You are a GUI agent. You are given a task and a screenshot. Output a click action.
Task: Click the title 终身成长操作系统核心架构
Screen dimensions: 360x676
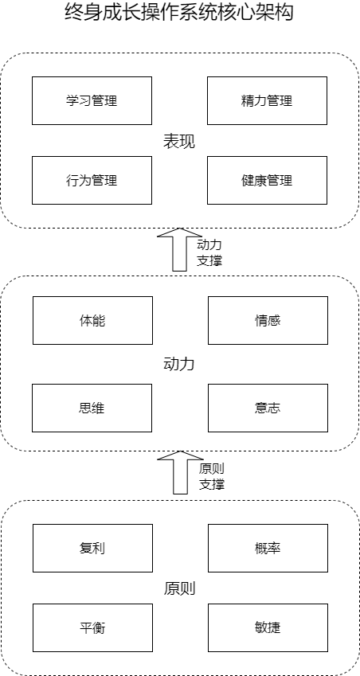179,13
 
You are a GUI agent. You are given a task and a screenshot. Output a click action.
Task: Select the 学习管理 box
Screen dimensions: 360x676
92,100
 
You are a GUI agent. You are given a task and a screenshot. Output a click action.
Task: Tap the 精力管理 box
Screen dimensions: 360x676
267,100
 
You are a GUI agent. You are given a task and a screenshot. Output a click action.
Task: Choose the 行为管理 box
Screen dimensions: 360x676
92,180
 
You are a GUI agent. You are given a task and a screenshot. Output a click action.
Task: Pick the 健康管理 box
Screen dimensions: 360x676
267,180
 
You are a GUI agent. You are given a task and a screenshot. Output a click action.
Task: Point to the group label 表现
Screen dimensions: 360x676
179,142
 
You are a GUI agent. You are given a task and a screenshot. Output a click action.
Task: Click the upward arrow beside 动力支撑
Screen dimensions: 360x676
179,250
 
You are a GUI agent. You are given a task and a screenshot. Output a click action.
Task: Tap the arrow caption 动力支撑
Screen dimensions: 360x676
209,252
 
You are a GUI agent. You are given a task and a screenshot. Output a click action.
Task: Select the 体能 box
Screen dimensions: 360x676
92,320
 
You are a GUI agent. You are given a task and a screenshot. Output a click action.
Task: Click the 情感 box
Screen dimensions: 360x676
268,320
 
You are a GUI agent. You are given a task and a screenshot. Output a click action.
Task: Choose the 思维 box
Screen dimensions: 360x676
92,408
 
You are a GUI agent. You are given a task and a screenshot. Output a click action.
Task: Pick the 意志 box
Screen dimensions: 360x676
268,408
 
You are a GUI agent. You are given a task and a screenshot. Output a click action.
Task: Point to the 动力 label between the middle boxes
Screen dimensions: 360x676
179,364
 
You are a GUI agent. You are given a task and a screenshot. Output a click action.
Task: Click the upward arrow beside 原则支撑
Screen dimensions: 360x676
180,472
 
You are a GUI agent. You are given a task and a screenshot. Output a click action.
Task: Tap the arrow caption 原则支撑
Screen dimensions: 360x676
212,476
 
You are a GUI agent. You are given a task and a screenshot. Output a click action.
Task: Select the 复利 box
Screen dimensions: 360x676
92,548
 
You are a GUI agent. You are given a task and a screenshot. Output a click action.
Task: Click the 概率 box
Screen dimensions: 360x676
268,548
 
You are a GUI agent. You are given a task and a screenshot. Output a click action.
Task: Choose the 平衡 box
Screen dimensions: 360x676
92,627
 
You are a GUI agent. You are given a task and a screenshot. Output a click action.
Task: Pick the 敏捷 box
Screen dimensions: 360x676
268,627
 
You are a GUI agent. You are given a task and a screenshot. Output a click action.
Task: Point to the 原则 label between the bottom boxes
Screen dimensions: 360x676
179,588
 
